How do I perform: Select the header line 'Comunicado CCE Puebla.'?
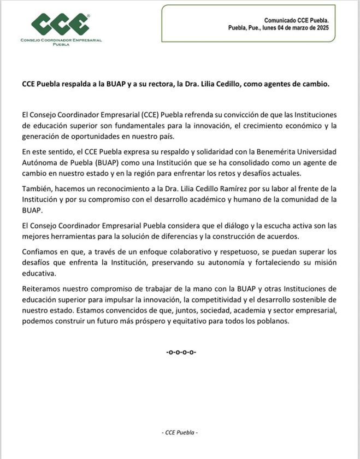coord(297,20)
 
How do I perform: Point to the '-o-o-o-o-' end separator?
coord(181,352)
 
